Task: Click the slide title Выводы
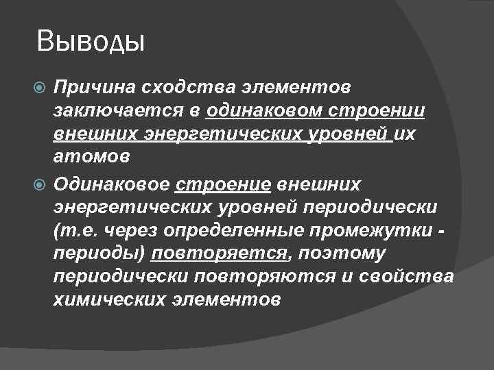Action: pos(91,42)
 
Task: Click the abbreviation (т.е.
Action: pos(73,230)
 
